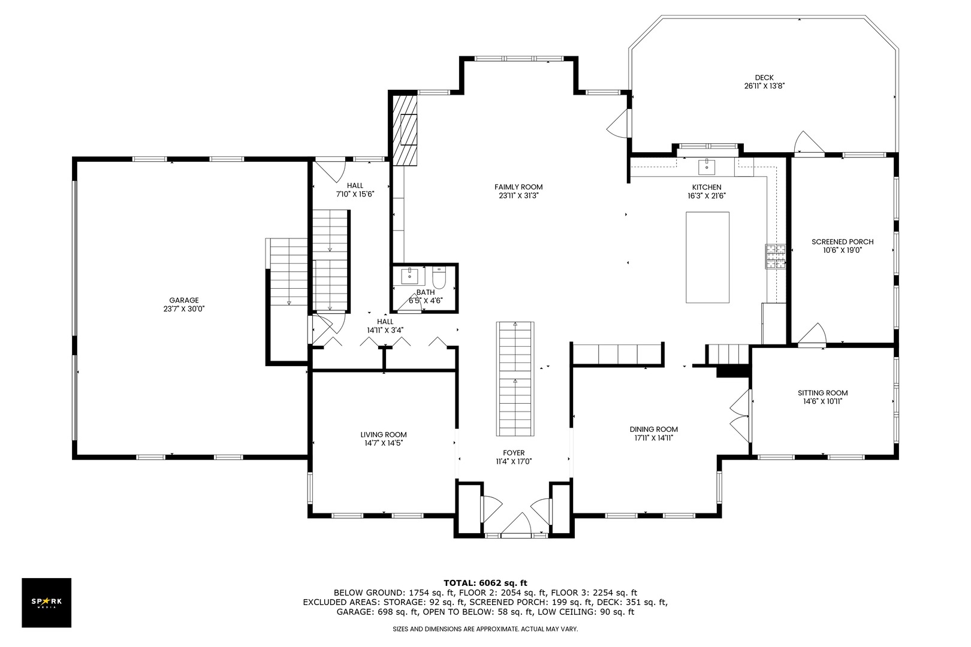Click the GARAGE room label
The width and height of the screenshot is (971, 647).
(x=184, y=300)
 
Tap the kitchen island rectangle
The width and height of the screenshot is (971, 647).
(x=707, y=258)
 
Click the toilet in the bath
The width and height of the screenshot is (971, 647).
(x=439, y=278)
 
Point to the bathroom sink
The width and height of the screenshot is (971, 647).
(x=409, y=276)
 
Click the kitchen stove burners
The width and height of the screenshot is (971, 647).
(x=776, y=256)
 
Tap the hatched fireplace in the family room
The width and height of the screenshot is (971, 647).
(x=405, y=130)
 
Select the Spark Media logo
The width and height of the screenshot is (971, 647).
(x=46, y=602)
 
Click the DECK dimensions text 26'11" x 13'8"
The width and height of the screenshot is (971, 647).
(x=764, y=86)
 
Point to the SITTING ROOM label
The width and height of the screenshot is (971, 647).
(x=823, y=393)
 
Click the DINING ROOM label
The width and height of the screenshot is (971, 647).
(x=654, y=430)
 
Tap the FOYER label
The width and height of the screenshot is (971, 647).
(x=514, y=453)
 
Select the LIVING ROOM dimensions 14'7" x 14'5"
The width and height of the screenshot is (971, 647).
(x=384, y=443)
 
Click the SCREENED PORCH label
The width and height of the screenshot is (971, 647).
(x=843, y=242)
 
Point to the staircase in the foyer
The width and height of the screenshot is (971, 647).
(x=515, y=379)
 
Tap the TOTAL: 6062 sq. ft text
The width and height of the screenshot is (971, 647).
(x=485, y=583)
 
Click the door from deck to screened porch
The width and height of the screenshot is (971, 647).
(x=809, y=142)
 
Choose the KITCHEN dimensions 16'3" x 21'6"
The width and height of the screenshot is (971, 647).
(x=707, y=196)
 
